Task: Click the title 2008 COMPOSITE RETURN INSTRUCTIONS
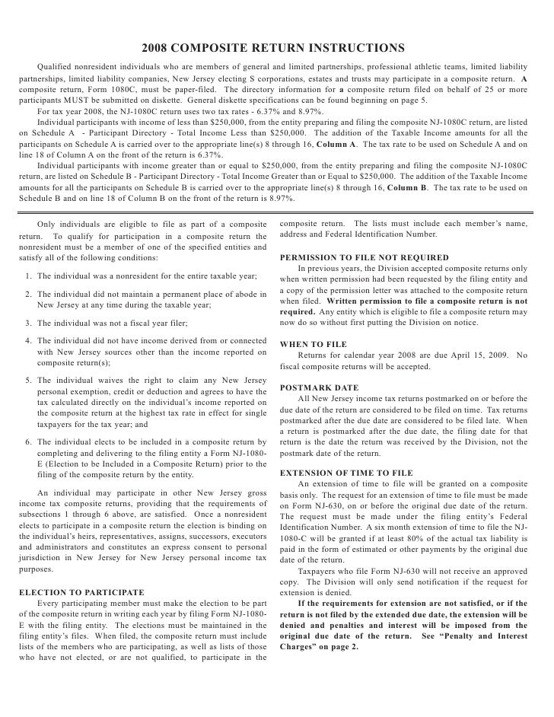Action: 277,49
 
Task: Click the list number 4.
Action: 27,342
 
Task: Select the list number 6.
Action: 27,442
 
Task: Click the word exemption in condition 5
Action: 82,391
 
